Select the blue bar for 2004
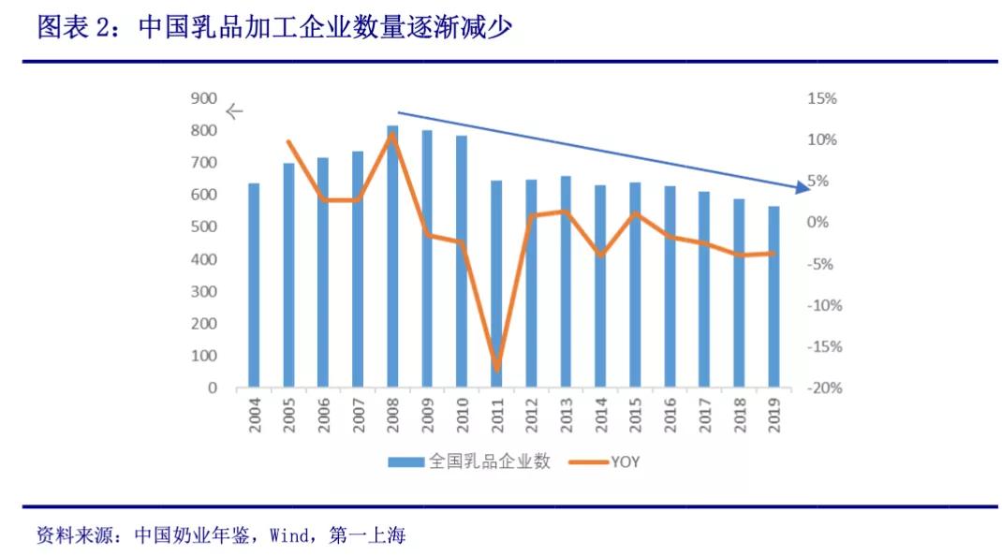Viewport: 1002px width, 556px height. pos(254,285)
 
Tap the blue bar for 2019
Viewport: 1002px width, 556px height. pos(774,298)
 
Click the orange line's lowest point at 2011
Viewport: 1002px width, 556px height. pos(496,366)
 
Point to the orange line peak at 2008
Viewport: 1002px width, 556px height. pos(392,135)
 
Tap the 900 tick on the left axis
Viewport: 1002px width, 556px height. pos(204,98)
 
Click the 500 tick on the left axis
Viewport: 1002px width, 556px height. pos(204,227)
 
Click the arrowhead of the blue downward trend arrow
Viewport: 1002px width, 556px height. pos(802,188)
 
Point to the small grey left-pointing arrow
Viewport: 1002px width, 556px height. pos(234,110)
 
